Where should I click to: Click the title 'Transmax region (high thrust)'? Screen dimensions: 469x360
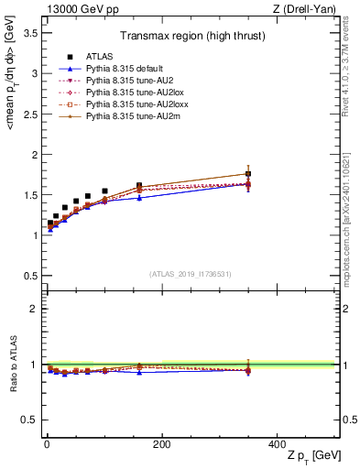tap(191, 38)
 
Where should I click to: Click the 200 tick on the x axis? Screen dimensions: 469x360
tap(161, 444)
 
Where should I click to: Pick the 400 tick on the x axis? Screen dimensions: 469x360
tap(276, 444)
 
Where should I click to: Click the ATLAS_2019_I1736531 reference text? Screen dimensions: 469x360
tap(190, 274)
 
